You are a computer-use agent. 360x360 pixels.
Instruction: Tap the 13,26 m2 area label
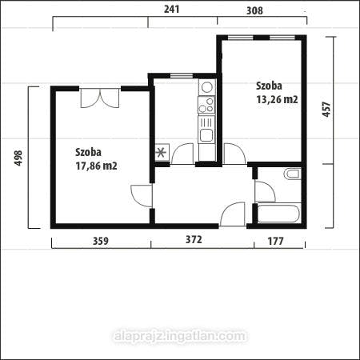pyautogui.click(x=277, y=100)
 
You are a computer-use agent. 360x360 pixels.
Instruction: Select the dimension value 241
pyautogui.click(x=171, y=9)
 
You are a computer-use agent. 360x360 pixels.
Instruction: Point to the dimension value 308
pyautogui.click(x=254, y=9)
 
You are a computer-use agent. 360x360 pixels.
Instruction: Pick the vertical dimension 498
pyautogui.click(x=18, y=158)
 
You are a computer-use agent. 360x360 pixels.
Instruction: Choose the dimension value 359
pyautogui.click(x=99, y=240)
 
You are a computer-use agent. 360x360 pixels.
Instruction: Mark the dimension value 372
pyautogui.click(x=193, y=240)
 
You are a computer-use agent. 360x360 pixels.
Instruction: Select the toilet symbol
pyautogui.click(x=292, y=174)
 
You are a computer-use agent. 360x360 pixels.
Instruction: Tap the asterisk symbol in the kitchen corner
pyautogui.click(x=162, y=151)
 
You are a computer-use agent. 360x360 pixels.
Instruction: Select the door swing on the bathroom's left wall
pyautogui.click(x=264, y=191)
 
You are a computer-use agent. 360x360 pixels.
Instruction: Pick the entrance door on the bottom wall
pyautogui.click(x=234, y=214)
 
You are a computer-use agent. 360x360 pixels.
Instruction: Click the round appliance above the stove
pyautogui.click(x=206, y=86)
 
